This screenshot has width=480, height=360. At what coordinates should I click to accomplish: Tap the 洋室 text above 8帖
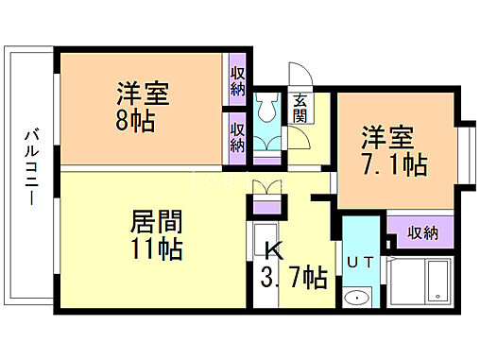(144, 95)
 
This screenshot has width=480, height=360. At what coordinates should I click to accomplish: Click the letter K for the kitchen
(274, 251)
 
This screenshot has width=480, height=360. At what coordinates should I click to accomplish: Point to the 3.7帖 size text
(294, 279)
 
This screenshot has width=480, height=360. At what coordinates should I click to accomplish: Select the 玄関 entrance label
(300, 110)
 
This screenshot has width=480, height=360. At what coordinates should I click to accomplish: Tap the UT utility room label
(360, 262)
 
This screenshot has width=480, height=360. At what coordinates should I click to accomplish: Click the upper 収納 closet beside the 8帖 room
(236, 82)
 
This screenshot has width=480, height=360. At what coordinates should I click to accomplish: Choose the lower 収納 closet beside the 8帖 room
(236, 136)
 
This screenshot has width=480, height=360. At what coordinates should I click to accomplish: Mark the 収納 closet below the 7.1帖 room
(422, 231)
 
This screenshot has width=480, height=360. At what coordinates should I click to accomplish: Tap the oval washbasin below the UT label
(357, 300)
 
